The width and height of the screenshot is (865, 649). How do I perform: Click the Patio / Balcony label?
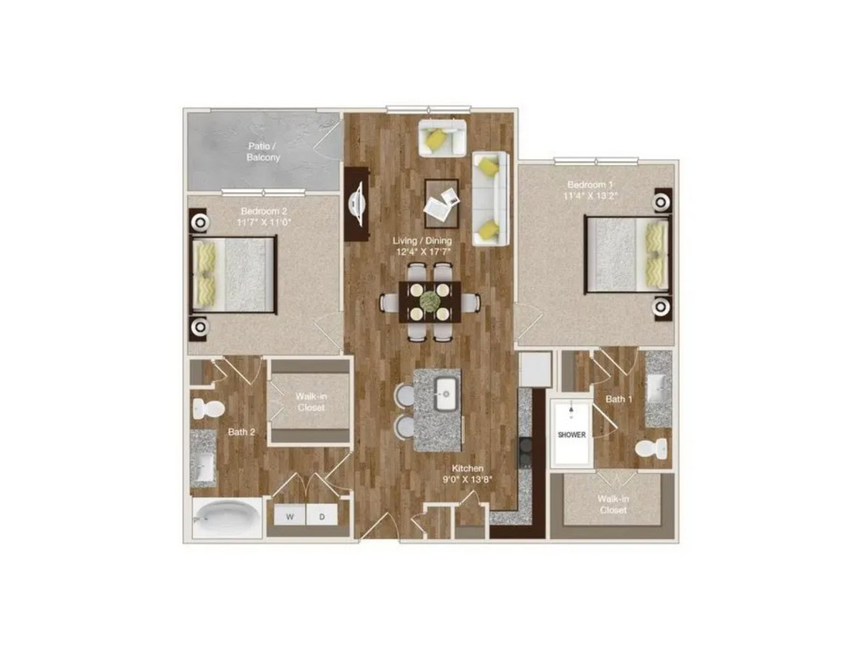(263, 152)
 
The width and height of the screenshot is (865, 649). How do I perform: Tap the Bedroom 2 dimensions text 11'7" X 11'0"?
(264, 222)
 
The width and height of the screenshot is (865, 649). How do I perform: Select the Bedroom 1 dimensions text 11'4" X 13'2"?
(590, 195)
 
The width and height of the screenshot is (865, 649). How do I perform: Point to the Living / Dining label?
(422, 240)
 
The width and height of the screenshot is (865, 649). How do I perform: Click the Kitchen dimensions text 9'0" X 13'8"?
(467, 479)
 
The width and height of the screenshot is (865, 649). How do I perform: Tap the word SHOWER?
(571, 435)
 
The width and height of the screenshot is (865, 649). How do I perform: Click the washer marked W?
(290, 517)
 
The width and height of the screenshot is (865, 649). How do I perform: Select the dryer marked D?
(322, 517)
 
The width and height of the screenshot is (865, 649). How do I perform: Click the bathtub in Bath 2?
(227, 517)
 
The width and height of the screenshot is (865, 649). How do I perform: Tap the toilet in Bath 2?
(208, 410)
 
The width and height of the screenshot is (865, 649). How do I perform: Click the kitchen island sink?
(447, 394)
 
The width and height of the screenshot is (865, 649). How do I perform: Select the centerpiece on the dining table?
(430, 301)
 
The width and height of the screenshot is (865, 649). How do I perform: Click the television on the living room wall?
(357, 203)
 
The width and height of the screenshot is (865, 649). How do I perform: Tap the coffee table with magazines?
(441, 203)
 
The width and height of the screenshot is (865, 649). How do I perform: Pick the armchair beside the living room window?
(442, 137)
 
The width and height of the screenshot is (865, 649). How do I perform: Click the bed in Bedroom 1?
(628, 254)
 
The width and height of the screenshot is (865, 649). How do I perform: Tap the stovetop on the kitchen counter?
(525, 452)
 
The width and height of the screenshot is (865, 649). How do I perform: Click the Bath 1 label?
(618, 398)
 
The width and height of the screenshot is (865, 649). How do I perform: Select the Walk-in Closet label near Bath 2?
(311, 402)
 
